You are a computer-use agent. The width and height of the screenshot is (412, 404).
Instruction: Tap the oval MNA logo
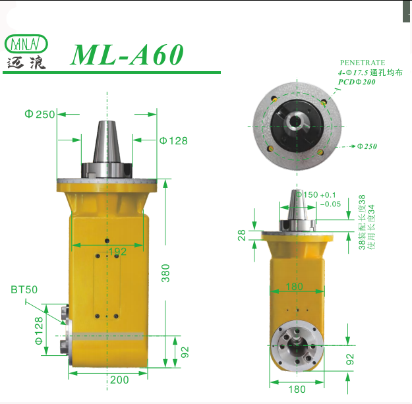26,44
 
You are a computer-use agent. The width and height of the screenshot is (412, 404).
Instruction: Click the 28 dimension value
242,234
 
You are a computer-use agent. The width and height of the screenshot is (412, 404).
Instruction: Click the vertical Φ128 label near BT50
38,330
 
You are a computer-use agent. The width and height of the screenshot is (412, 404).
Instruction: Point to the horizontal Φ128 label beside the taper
173,140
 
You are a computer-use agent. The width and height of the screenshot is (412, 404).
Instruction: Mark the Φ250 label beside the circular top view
367,146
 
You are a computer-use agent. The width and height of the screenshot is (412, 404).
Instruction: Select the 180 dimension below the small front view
297,389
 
